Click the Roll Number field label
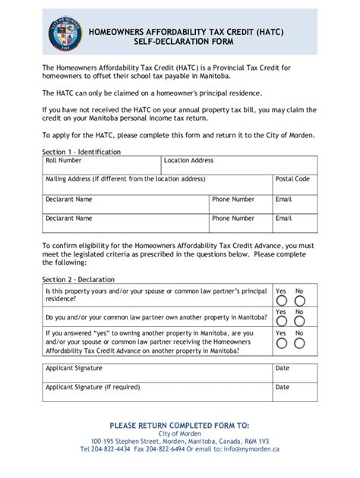tap(64, 161)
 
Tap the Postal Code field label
tap(292, 179)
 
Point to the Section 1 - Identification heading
tap(81, 152)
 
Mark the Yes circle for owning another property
tap(281, 322)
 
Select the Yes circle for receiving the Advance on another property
tap(281, 344)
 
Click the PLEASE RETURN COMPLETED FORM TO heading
tap(179, 425)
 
